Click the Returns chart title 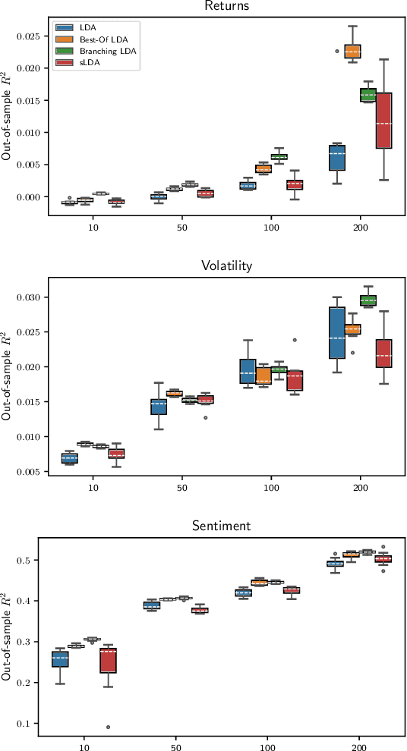[x=226, y=6]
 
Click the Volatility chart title [x=226, y=266]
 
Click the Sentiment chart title [x=226, y=526]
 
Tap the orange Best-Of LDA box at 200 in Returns [x=352, y=51]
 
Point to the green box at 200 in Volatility [x=368, y=300]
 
